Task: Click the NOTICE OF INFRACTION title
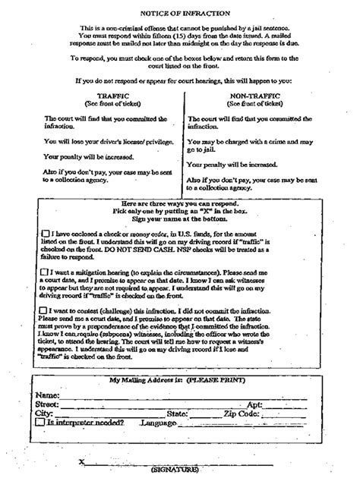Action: coord(180,13)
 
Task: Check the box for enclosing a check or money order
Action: coord(49,234)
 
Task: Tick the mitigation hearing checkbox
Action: coord(49,271)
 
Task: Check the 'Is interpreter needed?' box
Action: coord(39,422)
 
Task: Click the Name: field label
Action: coord(47,395)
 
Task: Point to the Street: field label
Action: coord(48,404)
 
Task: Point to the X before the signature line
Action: coord(81,461)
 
